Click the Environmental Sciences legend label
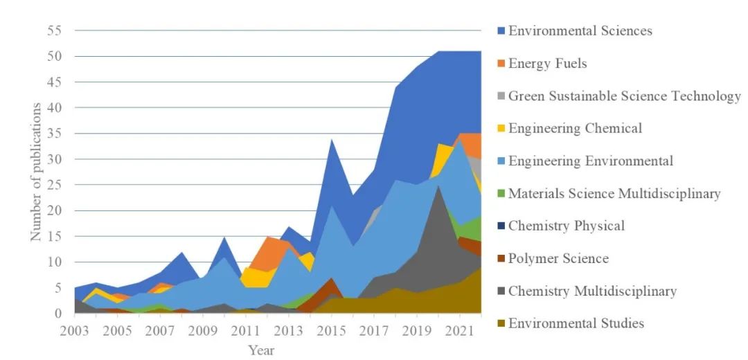[x=580, y=30]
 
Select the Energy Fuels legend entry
[x=547, y=64]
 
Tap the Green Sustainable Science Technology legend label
[x=624, y=96]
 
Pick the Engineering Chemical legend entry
[x=575, y=128]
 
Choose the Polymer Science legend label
[x=558, y=258]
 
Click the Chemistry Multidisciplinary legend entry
[x=592, y=291]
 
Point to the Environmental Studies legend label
[x=576, y=323]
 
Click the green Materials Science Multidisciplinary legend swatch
[x=501, y=194]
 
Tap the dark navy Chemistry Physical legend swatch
[x=501, y=226]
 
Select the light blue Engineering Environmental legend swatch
[x=501, y=161]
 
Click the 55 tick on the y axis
[x=55, y=30]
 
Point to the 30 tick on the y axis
[x=55, y=159]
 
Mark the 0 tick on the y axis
[x=58, y=314]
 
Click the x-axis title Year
[x=261, y=350]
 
